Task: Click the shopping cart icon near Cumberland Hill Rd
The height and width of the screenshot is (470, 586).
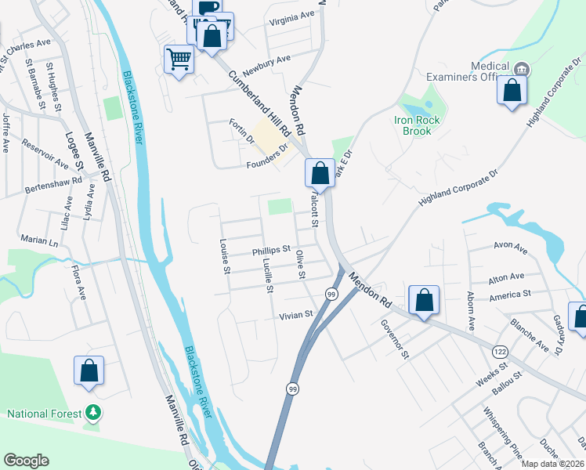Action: point(179,59)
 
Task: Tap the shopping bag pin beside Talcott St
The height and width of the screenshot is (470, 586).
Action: point(320,172)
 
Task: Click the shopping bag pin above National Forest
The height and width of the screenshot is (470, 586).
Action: point(89,371)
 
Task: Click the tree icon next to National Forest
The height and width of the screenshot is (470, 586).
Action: point(92,412)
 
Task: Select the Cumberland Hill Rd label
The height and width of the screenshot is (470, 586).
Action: point(259,103)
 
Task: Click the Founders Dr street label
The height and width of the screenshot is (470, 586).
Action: point(268,155)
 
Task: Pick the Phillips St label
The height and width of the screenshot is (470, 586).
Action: point(271,252)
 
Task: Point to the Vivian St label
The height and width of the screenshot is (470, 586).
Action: point(296,314)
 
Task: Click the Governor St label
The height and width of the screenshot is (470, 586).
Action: point(395,338)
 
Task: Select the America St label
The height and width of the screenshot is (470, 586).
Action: point(510,294)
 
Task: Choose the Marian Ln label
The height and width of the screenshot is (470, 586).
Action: point(40,242)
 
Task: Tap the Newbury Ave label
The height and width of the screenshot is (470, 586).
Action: point(266,60)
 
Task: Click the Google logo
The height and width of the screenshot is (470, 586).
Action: point(26,461)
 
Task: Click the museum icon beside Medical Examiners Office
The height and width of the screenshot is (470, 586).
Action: point(522,70)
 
